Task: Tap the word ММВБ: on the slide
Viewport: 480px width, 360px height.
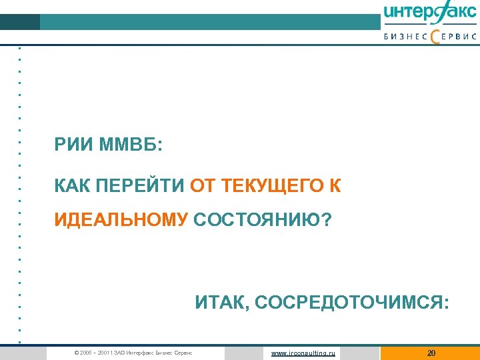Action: coord(129,145)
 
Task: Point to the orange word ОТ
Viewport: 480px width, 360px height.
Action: coord(201,186)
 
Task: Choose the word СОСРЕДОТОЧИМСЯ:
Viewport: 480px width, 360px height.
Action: coord(351,304)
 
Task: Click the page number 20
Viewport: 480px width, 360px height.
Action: coord(431,353)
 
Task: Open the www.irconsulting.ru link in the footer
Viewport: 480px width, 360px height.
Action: coord(303,353)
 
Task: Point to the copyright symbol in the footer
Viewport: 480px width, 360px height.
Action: coord(77,353)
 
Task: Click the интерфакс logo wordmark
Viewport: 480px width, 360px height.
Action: coord(430,13)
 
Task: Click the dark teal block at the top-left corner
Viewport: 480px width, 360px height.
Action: coord(20,22)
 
